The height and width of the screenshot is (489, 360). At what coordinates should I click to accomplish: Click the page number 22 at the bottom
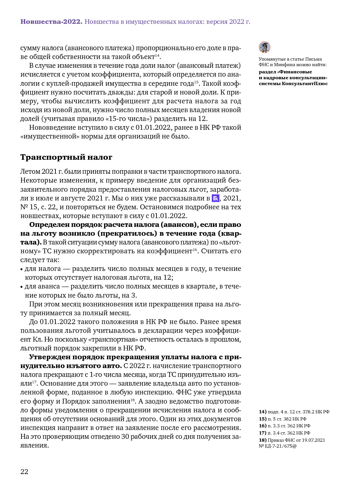[24, 471]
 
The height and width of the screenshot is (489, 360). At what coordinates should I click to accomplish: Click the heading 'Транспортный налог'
[66, 157]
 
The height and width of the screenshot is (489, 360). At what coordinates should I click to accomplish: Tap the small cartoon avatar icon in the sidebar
[264, 47]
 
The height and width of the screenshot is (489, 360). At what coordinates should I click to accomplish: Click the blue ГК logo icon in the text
[216, 198]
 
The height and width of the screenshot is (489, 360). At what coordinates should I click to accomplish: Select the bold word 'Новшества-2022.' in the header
[51, 22]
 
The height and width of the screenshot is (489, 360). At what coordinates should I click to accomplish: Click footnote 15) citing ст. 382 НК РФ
[282, 419]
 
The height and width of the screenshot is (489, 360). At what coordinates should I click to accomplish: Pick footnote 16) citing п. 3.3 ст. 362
[284, 426]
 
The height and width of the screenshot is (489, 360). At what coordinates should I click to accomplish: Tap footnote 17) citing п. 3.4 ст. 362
[284, 433]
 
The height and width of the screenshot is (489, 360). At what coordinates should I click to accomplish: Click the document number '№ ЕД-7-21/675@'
[278, 446]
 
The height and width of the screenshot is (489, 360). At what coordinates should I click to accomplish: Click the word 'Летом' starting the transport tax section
[29, 171]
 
